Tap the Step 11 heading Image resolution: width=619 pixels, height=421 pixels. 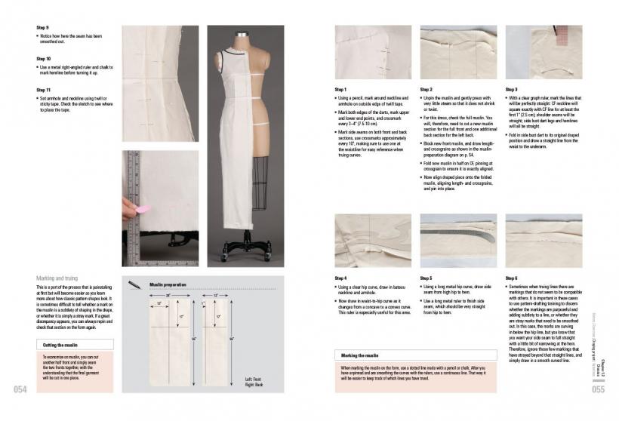pyautogui.click(x=44, y=89)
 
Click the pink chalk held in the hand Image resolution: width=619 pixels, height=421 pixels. pyautogui.click(x=142, y=208)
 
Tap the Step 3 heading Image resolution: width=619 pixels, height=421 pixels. pyautogui.click(x=511, y=89)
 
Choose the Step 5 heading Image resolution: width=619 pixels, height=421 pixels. pyautogui.click(x=426, y=278)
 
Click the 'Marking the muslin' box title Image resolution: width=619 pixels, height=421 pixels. pyautogui.click(x=359, y=355)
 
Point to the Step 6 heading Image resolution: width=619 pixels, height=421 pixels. pyautogui.click(x=511, y=278)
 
